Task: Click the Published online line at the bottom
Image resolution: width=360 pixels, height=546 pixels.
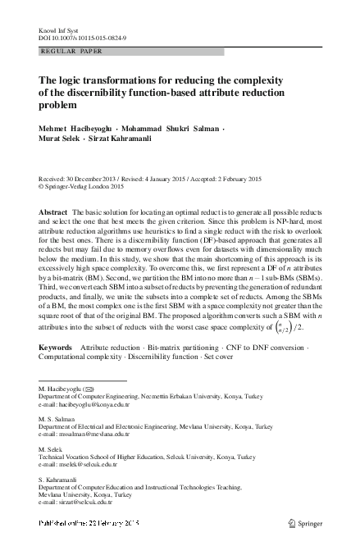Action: [89, 523]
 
